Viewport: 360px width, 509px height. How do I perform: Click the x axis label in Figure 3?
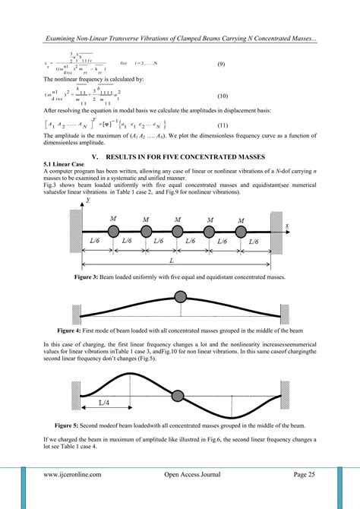[287, 226]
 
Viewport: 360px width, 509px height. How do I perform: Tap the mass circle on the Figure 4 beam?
[181, 296]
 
